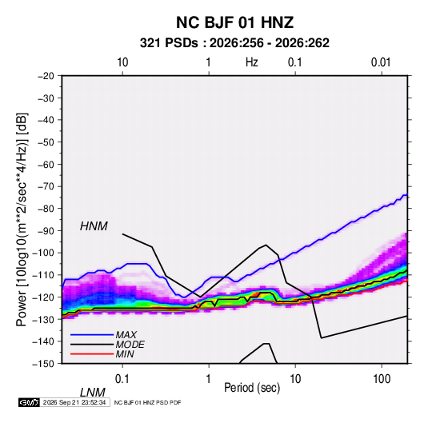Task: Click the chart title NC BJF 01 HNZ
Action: [234, 22]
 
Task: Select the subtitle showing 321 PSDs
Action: [234, 43]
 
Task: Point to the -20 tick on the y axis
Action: [46, 76]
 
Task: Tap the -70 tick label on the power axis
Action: [46, 186]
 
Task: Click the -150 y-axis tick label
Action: [44, 364]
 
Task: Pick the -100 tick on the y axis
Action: [44, 253]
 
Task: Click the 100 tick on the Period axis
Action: [382, 379]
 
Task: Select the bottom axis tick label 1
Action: [209, 379]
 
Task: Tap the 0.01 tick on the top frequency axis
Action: [381, 62]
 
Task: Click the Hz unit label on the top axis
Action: [252, 62]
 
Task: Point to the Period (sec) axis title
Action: [252, 388]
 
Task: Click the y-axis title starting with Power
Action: [22, 220]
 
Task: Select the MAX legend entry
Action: [126, 334]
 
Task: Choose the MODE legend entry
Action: [130, 345]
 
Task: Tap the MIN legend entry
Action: [125, 354]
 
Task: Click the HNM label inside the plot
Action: [94, 226]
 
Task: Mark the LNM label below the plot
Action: [93, 393]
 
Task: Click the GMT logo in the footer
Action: [29, 402]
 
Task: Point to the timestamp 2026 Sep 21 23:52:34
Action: [74, 402]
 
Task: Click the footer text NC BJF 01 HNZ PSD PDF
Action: [147, 402]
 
